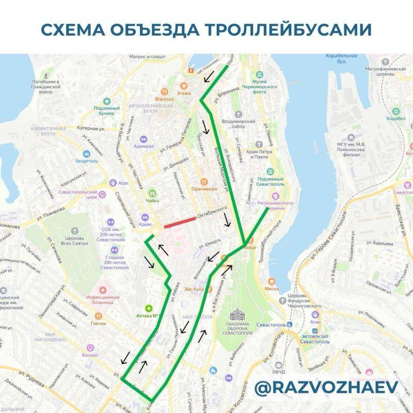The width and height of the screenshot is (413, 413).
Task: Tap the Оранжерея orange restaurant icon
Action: [x=204, y=181]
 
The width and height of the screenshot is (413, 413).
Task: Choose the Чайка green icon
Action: [x=152, y=192]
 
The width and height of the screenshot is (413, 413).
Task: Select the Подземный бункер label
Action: [x=107, y=111]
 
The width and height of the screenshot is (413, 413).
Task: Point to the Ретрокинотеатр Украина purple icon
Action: [x=276, y=196]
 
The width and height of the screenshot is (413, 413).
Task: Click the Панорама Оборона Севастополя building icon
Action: [x=238, y=314]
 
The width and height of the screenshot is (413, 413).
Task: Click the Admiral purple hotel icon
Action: [x=143, y=139]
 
